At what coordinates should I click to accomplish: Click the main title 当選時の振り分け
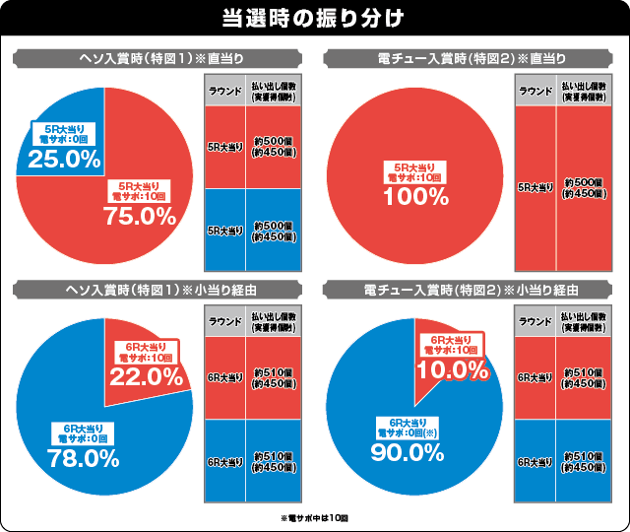click(x=315, y=19)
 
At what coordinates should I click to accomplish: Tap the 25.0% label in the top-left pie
click(x=64, y=158)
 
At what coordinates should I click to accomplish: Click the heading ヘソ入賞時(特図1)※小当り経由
click(x=158, y=290)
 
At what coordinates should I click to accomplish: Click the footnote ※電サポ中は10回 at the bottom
click(x=315, y=517)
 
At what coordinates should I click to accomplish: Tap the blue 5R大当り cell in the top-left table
click(x=225, y=230)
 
